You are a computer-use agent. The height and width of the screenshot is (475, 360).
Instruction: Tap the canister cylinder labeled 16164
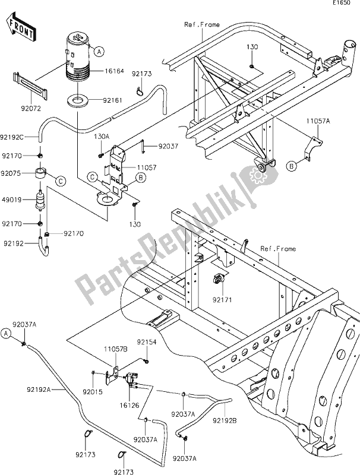click(x=78, y=59)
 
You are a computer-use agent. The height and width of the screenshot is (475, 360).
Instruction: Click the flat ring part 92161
click(x=78, y=101)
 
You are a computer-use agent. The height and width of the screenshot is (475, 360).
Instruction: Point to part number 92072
click(x=31, y=108)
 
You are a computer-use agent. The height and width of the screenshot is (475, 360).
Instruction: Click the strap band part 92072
click(x=30, y=85)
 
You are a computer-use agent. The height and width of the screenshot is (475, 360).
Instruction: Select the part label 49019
click(x=11, y=200)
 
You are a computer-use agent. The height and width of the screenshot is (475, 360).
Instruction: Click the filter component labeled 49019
click(x=40, y=201)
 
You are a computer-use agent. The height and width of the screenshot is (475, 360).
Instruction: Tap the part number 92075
click(x=11, y=173)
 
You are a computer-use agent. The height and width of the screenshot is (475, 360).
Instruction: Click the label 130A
click(x=102, y=137)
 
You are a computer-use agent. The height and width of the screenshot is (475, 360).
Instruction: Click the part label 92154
click(x=147, y=342)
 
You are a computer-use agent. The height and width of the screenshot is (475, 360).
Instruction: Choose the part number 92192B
click(x=225, y=420)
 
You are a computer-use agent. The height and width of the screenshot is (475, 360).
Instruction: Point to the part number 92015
click(x=93, y=392)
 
